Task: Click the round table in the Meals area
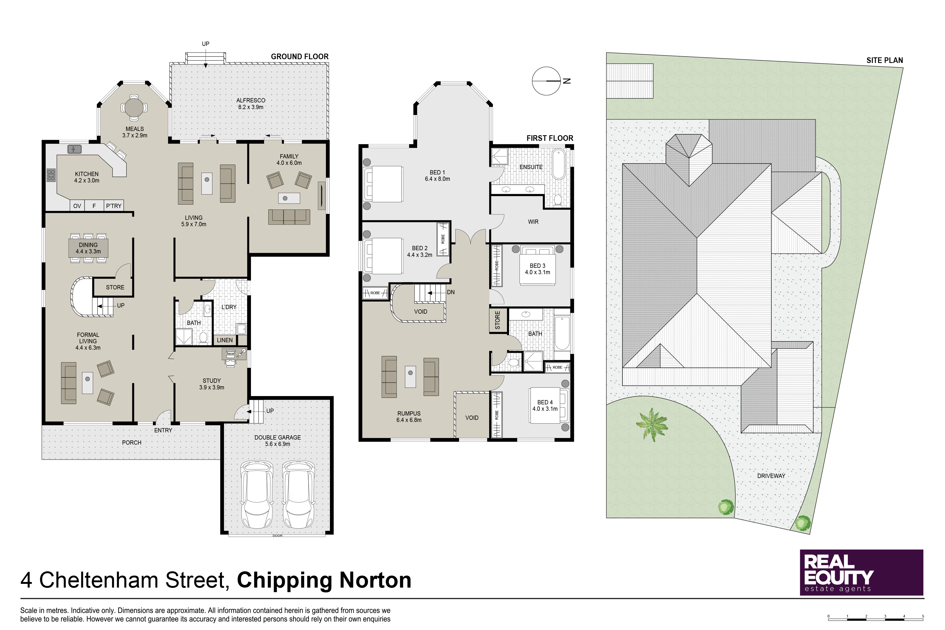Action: pos(134,107)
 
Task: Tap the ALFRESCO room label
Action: pos(251,101)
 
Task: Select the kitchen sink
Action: pos(74,149)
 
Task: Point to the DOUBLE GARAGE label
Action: pos(278,437)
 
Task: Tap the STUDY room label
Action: pos(212,381)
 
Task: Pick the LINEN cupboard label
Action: pos(225,340)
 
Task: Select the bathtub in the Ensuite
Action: pos(559,164)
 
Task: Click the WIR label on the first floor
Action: pos(533,222)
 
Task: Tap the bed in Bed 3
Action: pos(538,265)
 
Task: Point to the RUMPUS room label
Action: pos(409,413)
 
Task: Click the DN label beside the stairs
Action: pos(451,292)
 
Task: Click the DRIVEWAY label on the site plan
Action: pos(771,476)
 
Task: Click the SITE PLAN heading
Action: pos(885,60)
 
